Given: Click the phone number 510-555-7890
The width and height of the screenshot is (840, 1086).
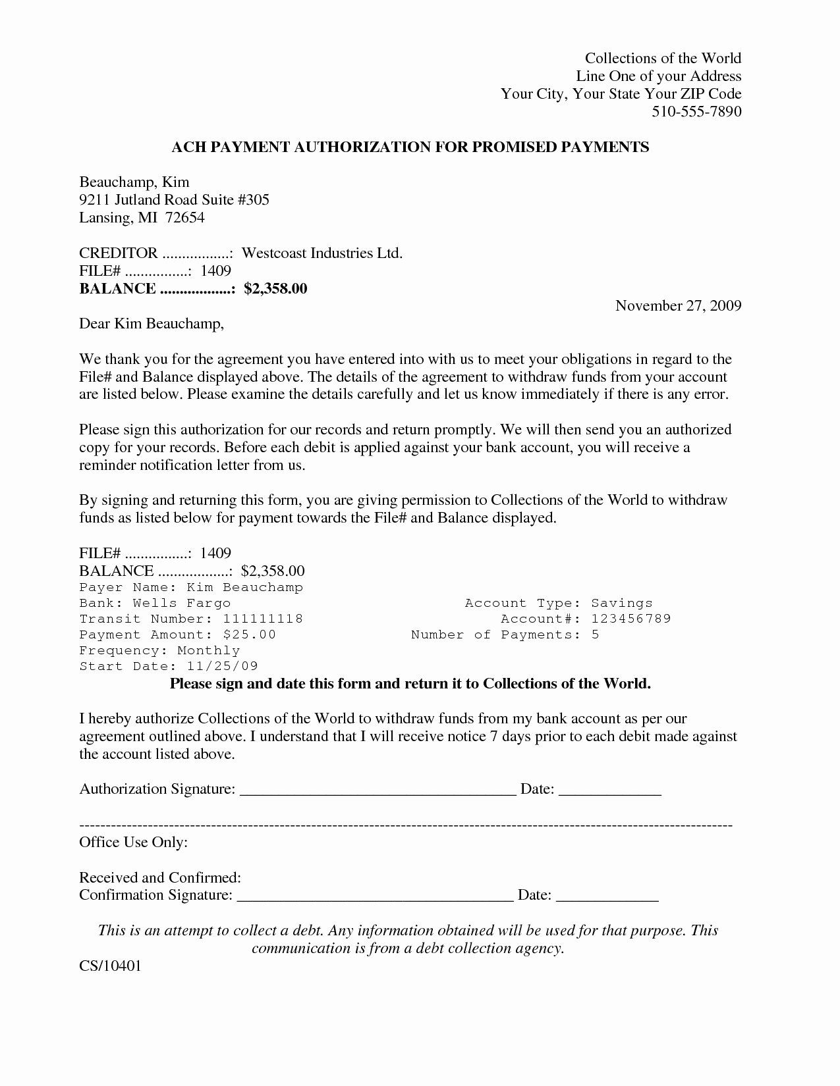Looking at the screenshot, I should [696, 111].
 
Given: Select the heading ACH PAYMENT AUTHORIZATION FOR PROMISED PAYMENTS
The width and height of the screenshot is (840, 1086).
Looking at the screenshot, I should [410, 147].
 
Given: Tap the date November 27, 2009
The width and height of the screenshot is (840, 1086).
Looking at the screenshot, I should [678, 305].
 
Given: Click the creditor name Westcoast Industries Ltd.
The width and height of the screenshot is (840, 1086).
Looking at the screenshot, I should [322, 253].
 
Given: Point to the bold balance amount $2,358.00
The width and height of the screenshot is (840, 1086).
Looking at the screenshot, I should [275, 289].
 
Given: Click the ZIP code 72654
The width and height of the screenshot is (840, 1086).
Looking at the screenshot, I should [184, 218].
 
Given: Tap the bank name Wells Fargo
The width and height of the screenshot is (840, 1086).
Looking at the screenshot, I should [181, 603].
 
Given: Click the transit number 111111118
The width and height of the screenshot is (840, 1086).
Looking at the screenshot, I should [262, 619].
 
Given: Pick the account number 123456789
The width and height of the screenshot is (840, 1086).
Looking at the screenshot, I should [630, 619].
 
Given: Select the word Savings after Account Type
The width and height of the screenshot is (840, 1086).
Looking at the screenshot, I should [621, 603].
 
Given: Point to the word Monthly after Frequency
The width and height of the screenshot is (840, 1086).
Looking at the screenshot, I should [208, 650].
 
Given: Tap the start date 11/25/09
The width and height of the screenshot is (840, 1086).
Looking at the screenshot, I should [223, 666].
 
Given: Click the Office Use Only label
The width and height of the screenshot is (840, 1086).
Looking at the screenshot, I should [133, 842].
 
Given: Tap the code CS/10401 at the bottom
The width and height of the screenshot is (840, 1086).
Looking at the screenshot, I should [110, 966].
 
